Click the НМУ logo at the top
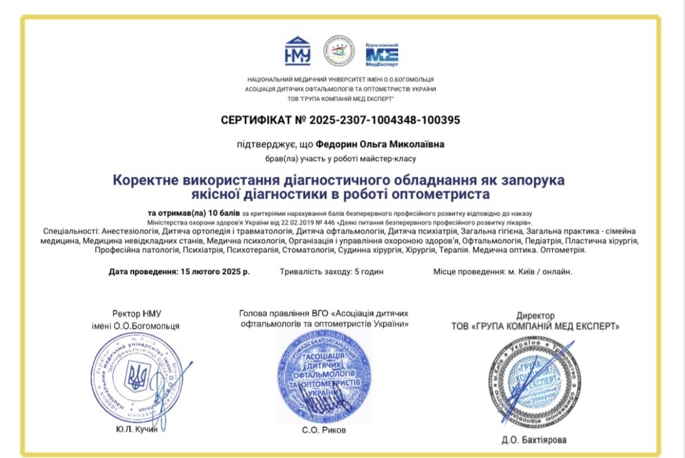point(297,52)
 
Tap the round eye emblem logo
point(340,52)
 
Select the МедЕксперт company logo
point(382,54)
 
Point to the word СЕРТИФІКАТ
point(256,120)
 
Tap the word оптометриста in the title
point(447,193)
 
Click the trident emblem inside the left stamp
point(138,377)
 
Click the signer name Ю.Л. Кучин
point(138,430)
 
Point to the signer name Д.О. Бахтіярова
point(535,440)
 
